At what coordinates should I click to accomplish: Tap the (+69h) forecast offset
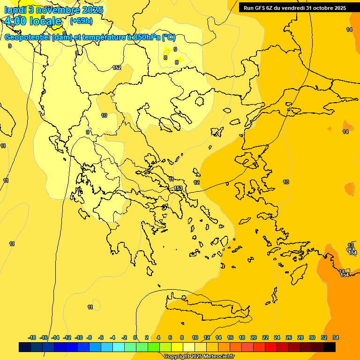point(81,21)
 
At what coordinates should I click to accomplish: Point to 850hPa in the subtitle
point(144,37)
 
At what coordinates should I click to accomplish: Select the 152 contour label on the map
point(117,67)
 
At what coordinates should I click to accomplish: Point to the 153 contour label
point(178,188)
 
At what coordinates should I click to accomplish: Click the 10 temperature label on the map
point(104,115)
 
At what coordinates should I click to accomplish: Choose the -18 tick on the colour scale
point(32,337)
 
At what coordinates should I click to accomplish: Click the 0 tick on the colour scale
point(135,337)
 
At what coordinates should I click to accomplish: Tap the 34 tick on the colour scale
point(336,337)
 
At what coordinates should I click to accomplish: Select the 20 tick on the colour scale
point(253,337)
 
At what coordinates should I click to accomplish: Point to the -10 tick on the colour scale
point(78,337)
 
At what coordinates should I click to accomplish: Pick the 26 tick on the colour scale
point(288,337)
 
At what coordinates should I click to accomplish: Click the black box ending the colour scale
point(330,347)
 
